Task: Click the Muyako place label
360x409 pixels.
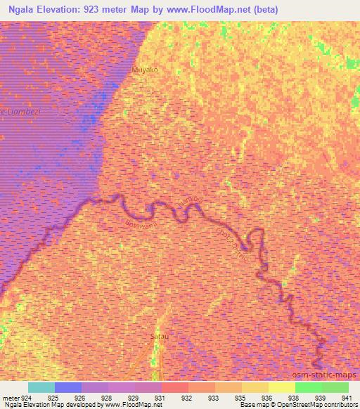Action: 144,71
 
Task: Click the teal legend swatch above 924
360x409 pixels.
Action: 41,387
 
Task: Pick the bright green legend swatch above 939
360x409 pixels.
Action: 308,387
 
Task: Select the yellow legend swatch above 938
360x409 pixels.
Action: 281,387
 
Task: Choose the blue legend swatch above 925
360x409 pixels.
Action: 67,387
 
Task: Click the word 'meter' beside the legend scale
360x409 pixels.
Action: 10,397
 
